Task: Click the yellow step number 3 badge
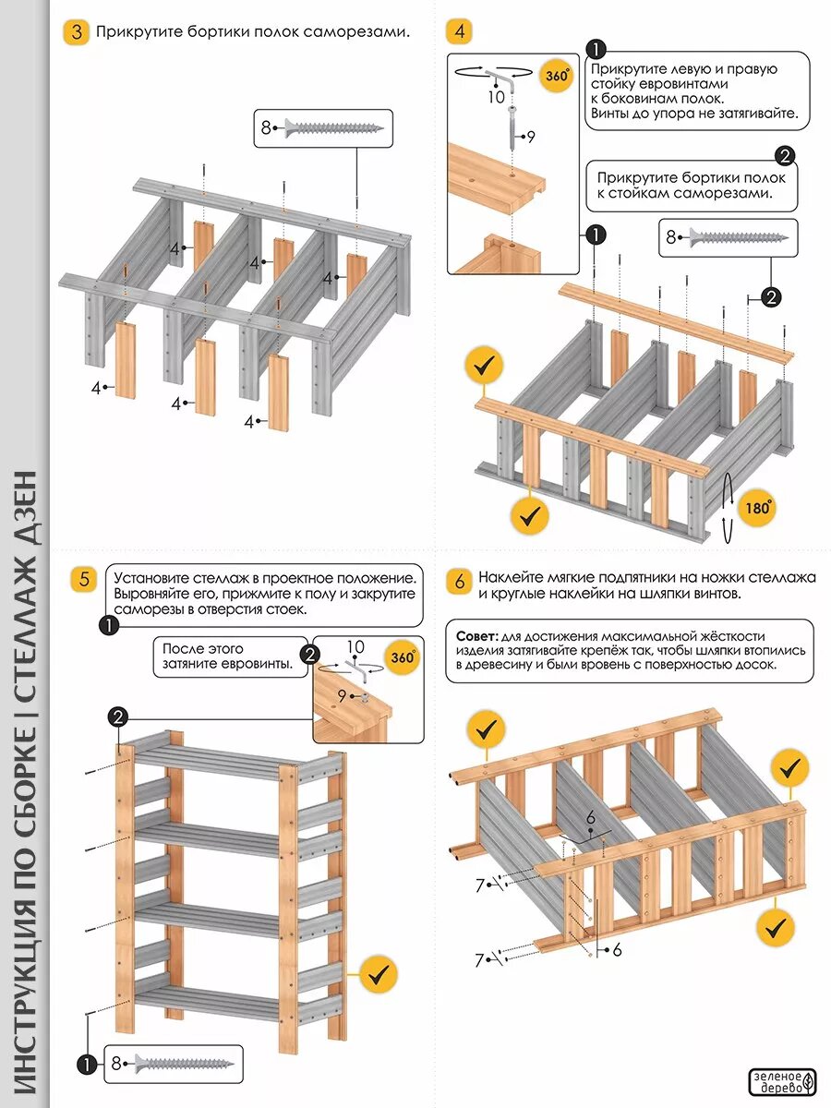coord(76,31)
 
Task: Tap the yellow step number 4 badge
coord(460,31)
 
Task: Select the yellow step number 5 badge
coord(83,579)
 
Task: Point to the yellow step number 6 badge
coord(460,581)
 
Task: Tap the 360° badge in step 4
coord(557,76)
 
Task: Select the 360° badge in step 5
coord(402,658)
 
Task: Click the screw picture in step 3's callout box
coord(333,127)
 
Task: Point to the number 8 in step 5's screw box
coord(117,1063)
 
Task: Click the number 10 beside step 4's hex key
coord(497,95)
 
